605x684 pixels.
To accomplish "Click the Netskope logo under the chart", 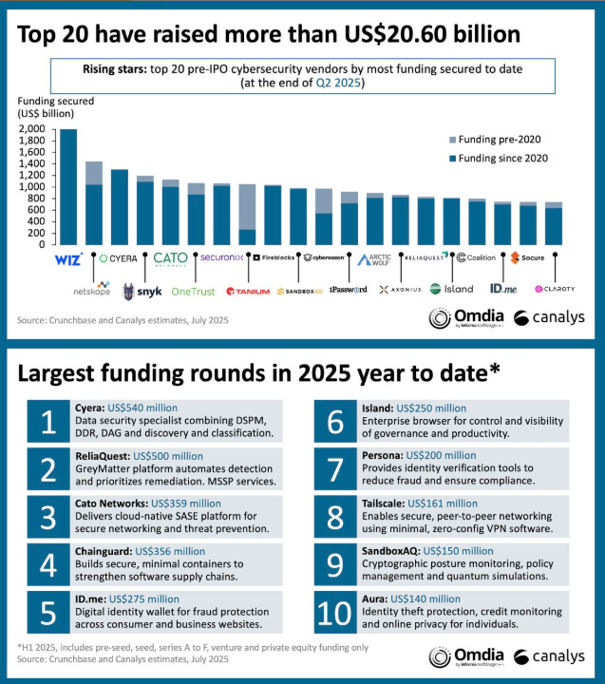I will (x=92, y=289).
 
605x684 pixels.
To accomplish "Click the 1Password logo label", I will (x=349, y=289).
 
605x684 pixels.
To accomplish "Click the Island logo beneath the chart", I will (x=450, y=289).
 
